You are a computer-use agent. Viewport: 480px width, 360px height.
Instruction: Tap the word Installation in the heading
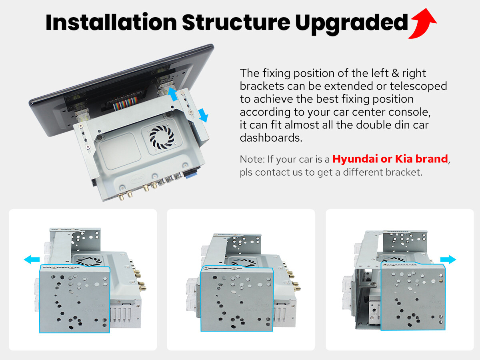[111, 22]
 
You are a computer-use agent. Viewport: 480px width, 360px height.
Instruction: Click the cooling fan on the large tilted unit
[162, 137]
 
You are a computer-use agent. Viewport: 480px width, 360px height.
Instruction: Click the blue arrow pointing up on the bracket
[172, 94]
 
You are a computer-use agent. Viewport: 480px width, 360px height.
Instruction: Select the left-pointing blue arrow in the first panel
[32, 260]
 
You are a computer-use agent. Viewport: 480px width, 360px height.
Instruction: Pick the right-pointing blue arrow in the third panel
[448, 260]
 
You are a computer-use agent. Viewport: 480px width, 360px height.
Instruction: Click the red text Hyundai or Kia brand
[390, 159]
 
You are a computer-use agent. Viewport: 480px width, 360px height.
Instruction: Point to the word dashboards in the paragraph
[271, 138]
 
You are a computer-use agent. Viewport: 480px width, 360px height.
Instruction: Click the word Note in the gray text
[252, 159]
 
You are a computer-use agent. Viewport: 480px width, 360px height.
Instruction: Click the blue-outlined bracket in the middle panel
[237, 298]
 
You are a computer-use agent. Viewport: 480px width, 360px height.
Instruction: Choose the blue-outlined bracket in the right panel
[413, 296]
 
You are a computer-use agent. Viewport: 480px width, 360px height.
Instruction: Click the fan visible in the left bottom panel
[89, 261]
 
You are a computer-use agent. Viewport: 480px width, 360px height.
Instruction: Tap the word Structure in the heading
[236, 22]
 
